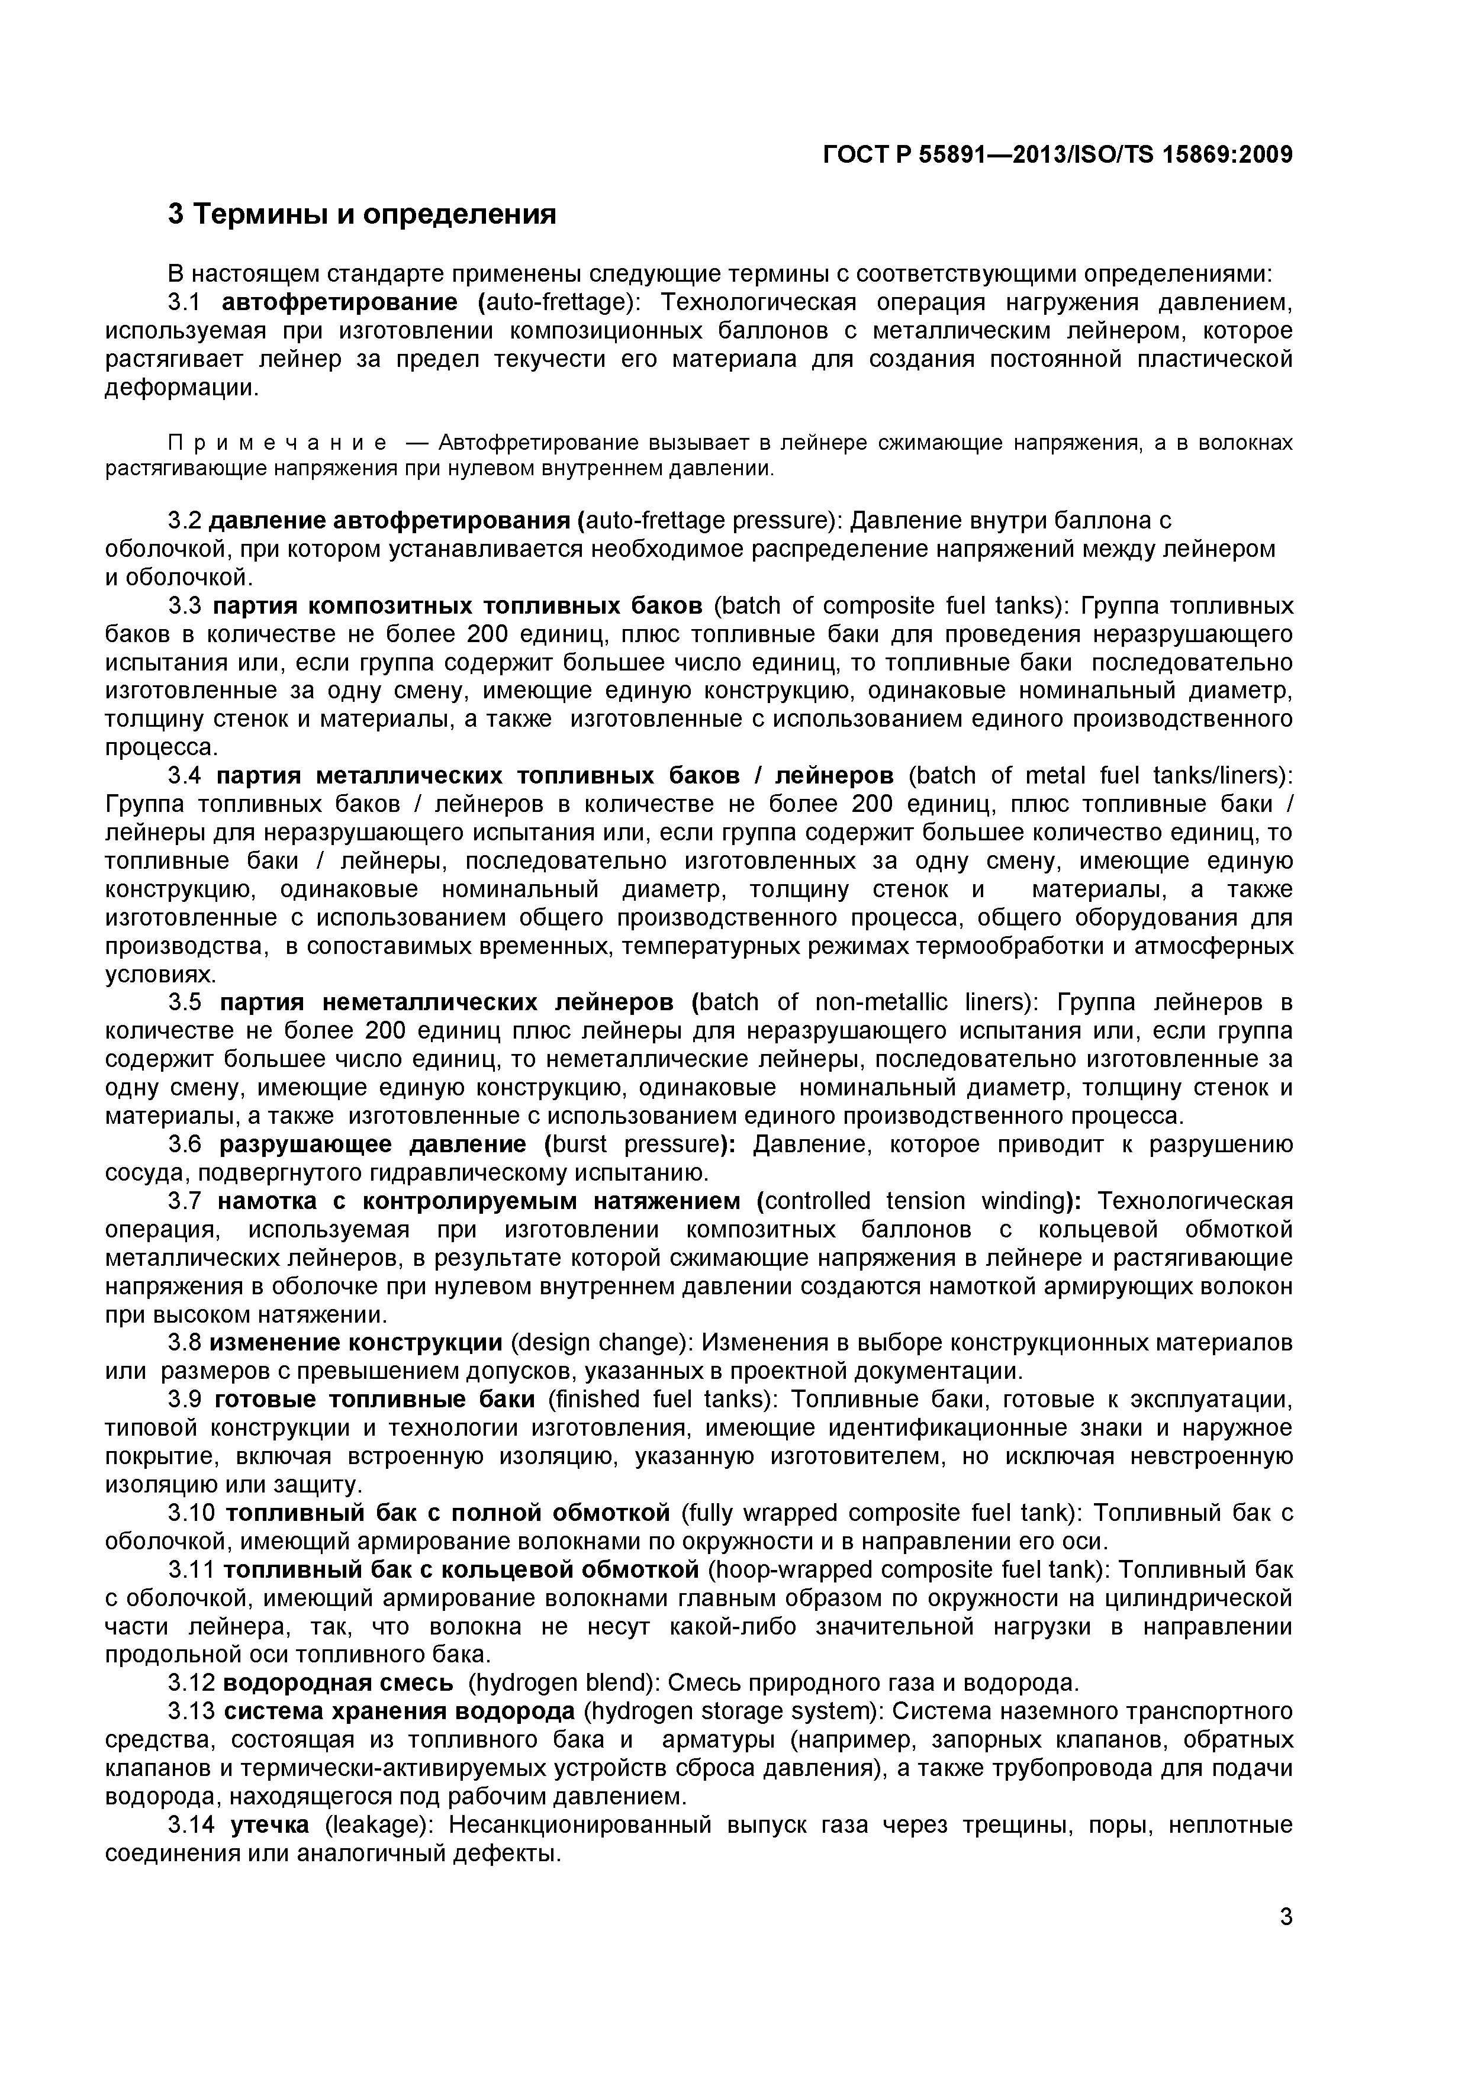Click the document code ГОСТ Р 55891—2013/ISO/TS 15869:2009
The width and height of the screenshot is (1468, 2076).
coord(1057,156)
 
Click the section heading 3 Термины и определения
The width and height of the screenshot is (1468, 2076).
coord(362,215)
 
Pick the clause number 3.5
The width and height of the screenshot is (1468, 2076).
coord(189,1002)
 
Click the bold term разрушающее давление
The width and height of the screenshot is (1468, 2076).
coord(373,1145)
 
